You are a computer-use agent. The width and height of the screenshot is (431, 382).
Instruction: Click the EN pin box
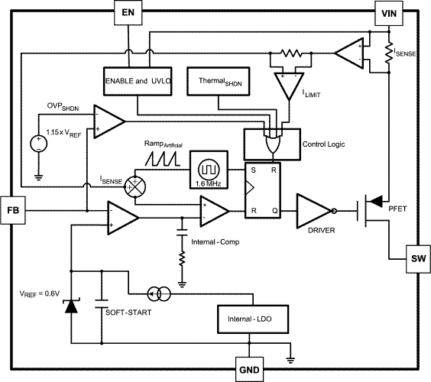coord(128,13)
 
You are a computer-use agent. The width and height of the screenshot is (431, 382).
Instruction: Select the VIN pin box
coord(389,13)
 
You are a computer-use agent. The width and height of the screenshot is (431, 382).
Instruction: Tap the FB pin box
coord(13,210)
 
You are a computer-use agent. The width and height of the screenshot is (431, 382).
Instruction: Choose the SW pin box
coord(418,259)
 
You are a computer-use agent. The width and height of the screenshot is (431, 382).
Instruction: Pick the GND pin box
coord(249,369)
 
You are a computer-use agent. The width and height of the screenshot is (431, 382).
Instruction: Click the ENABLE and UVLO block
coord(138,81)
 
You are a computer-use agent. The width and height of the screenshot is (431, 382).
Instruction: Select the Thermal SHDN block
coord(219,81)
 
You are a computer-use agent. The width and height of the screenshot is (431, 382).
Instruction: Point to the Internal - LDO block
coord(253,319)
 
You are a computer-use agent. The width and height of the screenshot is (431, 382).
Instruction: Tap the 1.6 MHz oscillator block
coord(209,170)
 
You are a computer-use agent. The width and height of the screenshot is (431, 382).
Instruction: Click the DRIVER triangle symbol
coord(313,211)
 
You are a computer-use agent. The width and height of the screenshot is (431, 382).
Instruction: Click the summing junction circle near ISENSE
coord(135,186)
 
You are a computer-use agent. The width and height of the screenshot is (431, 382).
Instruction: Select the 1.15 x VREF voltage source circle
coord(38,143)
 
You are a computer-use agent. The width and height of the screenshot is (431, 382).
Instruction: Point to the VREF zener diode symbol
coord(71,306)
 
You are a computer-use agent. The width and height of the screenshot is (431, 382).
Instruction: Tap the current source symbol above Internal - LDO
coord(159,294)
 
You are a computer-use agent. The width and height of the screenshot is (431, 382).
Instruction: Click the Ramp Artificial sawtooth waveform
coord(163,160)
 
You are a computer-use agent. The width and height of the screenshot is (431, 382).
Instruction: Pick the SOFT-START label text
coord(128,312)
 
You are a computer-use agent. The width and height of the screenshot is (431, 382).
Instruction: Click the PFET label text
coord(397,209)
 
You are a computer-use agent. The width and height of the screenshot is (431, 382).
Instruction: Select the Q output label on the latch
coord(275,211)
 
